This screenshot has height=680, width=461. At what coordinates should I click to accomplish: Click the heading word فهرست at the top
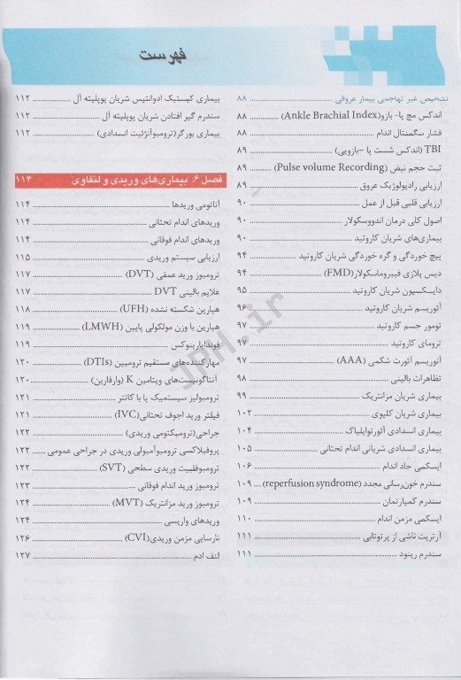[160, 58]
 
